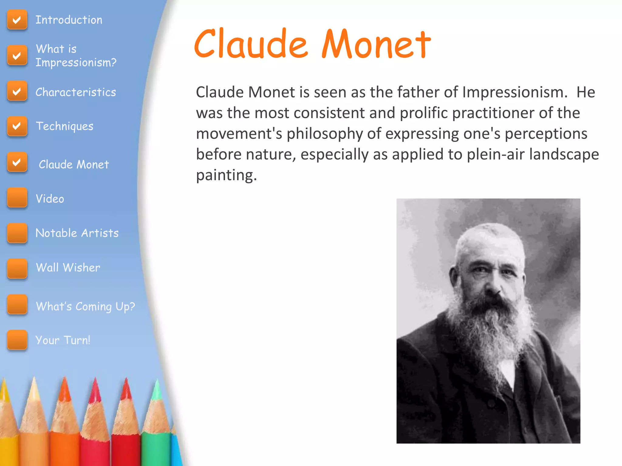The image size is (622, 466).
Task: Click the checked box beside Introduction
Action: (17, 20)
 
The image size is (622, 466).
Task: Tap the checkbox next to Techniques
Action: (17, 126)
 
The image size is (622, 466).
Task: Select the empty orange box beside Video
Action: (17, 198)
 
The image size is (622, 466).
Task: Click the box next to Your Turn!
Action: (17, 340)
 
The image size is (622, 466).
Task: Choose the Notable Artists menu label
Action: (77, 233)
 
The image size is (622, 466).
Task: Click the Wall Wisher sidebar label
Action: (68, 268)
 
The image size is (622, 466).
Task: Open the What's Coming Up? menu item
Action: (85, 306)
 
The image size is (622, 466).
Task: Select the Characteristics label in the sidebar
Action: (76, 92)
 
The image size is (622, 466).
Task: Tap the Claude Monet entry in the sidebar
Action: (74, 164)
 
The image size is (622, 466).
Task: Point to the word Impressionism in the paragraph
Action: (514, 92)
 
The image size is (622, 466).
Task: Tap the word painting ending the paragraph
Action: (226, 175)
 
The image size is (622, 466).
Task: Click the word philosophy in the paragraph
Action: (324, 134)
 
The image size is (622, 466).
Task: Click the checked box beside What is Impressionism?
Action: (17, 55)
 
